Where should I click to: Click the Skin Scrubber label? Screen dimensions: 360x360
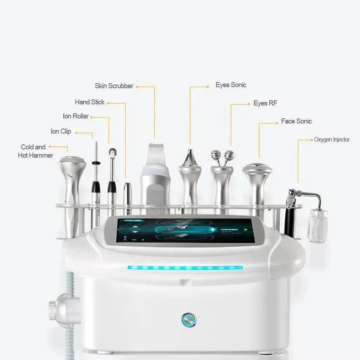pos(114,86)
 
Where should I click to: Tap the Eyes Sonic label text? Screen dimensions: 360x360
pos(231,85)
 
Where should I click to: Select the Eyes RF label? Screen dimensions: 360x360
pos(265,103)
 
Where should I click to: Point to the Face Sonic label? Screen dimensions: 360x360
pos(296,121)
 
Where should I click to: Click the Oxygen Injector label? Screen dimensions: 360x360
pos(332,140)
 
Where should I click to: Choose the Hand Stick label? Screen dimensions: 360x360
pos(90,102)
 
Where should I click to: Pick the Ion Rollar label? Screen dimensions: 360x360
pos(76,116)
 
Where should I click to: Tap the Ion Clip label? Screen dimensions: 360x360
pos(61,131)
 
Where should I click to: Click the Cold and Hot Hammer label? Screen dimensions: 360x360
pos(35,151)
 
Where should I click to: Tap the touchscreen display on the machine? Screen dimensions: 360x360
pos(185,230)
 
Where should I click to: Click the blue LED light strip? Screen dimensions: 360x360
pos(185,268)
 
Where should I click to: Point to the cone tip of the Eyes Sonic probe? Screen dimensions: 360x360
pos(190,157)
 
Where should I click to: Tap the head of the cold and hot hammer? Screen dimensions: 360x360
pos(72,164)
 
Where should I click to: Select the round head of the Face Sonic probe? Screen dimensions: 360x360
pos(257,168)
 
